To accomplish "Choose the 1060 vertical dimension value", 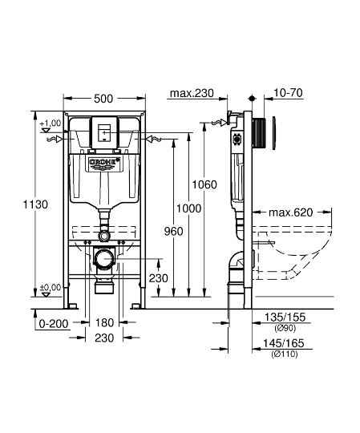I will tap(206, 184).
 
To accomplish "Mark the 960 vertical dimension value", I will tap(172, 231).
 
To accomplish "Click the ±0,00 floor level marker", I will tap(50, 287).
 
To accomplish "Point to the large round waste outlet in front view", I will tap(104, 260).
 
